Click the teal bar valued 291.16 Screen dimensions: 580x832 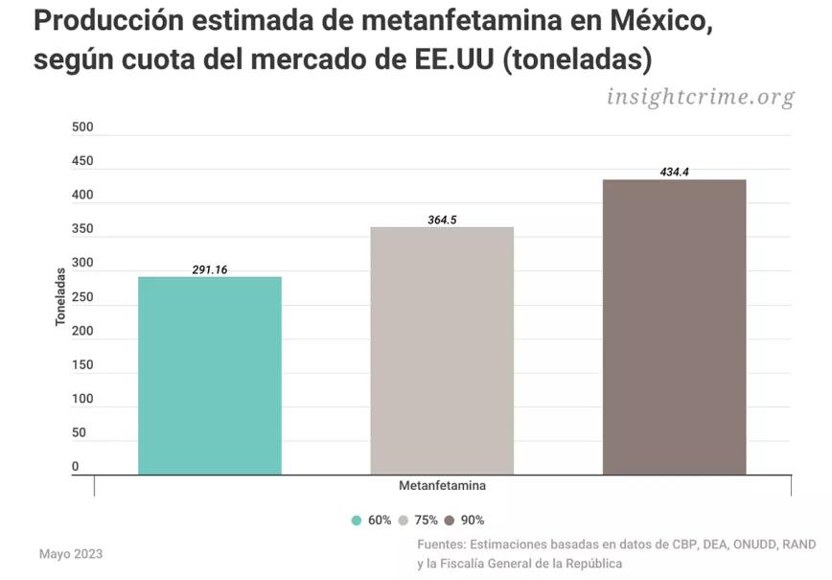tap(210, 376)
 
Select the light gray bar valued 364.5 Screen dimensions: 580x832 tap(442, 351)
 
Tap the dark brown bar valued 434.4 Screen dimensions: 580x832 tap(674, 327)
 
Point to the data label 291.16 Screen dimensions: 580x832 tap(209, 270)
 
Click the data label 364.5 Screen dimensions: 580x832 tap(442, 220)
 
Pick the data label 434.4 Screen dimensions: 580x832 tap(674, 173)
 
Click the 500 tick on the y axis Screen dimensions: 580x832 tap(82, 128)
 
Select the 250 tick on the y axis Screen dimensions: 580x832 tap(82, 297)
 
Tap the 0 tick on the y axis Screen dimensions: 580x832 tap(75, 467)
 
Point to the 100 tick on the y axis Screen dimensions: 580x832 tap(82, 399)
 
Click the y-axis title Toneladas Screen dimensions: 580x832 tap(59, 297)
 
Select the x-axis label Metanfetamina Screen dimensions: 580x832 tap(442, 486)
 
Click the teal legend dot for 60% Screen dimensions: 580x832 tap(357, 521)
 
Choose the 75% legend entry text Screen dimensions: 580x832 tap(426, 521)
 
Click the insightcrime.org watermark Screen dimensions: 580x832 tap(701, 97)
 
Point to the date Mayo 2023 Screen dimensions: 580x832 tap(70, 554)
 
